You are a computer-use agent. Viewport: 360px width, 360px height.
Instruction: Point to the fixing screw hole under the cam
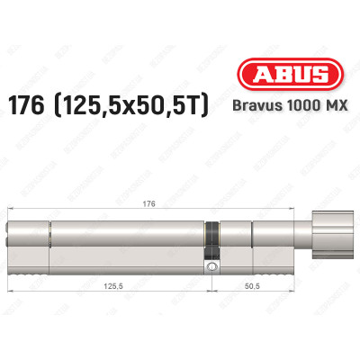(211, 267)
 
